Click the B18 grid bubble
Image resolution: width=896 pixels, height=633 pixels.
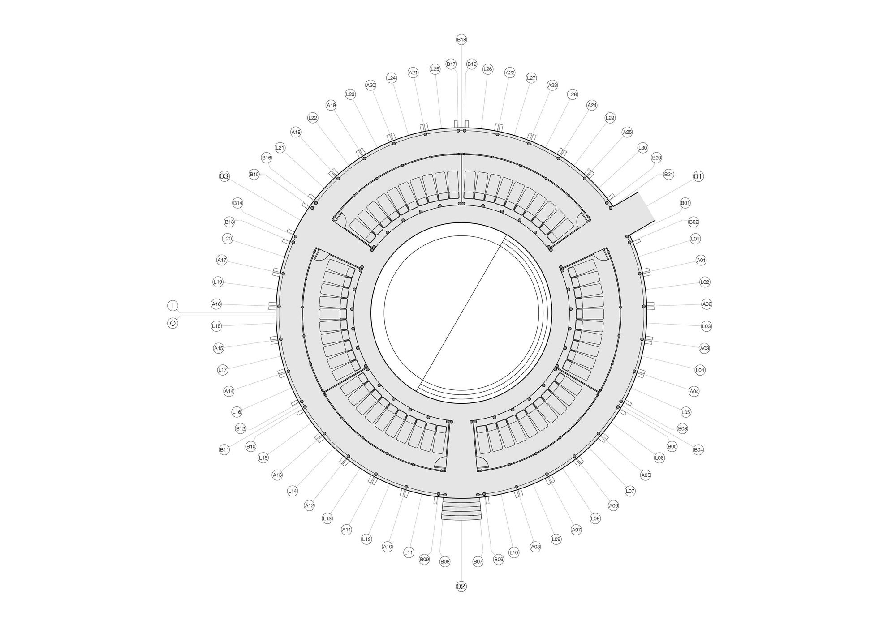click(x=461, y=40)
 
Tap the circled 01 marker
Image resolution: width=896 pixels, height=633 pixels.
click(x=698, y=177)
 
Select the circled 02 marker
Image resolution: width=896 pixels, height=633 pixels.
click(x=461, y=586)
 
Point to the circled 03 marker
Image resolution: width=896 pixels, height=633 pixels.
click(x=224, y=176)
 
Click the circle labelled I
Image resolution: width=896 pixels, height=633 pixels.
click(x=172, y=306)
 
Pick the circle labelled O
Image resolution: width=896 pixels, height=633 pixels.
click(x=172, y=322)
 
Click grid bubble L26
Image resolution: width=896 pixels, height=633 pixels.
click(x=488, y=69)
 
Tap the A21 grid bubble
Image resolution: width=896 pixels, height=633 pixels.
click(x=413, y=73)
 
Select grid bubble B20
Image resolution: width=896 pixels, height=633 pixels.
click(x=656, y=158)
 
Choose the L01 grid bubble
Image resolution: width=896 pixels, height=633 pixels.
click(x=695, y=239)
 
